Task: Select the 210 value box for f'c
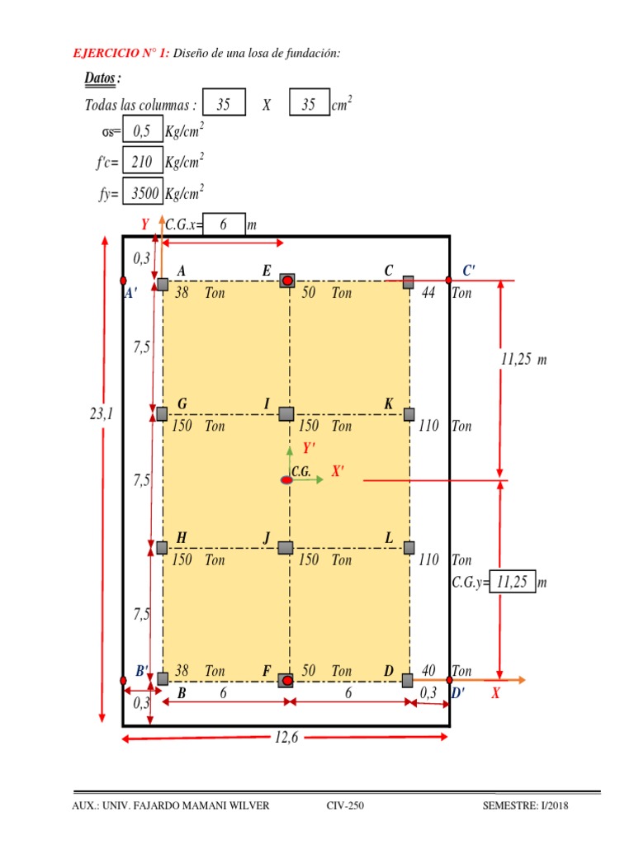click(x=142, y=163)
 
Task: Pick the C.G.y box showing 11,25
click(x=512, y=582)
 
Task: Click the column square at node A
click(x=163, y=285)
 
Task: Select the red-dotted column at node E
click(x=286, y=281)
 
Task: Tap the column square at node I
click(x=286, y=413)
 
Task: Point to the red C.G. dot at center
click(x=286, y=479)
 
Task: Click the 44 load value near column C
click(x=428, y=293)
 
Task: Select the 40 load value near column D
click(x=428, y=672)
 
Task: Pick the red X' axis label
click(x=338, y=471)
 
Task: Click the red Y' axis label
click(x=309, y=448)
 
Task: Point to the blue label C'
click(x=469, y=270)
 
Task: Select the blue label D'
click(x=458, y=694)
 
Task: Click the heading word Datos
click(x=101, y=79)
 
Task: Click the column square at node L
click(x=409, y=547)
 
